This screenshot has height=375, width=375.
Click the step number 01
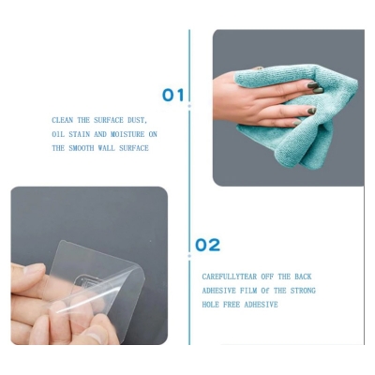[x=173, y=95]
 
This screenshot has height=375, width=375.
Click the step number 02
[x=207, y=246]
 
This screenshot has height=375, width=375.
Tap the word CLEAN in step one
[x=62, y=121]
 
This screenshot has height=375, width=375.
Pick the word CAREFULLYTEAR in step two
[x=228, y=277]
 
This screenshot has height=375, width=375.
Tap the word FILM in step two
[x=249, y=291]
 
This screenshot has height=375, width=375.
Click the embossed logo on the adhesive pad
[x=89, y=284]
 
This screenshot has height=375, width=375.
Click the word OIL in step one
[x=58, y=135]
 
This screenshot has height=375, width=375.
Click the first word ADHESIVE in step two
[x=219, y=291]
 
